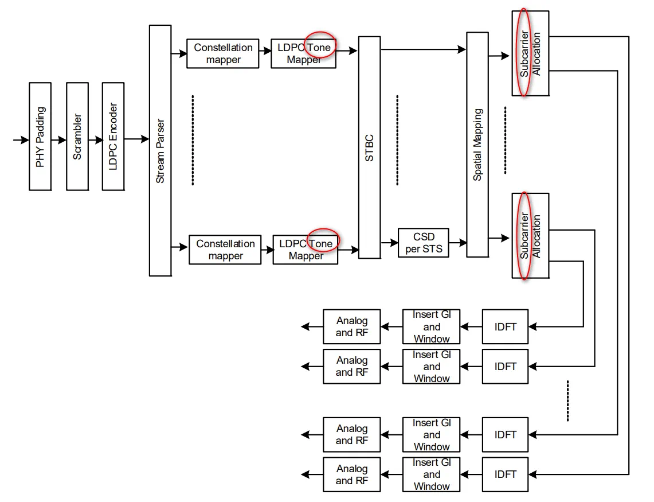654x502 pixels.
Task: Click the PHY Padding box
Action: pos(40,136)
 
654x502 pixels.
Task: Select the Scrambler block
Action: pos(77,136)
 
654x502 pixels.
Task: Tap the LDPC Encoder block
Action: pos(113,136)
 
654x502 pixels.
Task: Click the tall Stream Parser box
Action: pos(160,150)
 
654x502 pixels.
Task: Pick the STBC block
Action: pos(369,147)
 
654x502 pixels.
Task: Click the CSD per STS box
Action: pos(424,243)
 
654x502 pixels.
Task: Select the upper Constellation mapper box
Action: pos(222,53)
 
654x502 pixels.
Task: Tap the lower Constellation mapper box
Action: pos(225,250)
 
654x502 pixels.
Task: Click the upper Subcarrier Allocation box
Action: pos(530,53)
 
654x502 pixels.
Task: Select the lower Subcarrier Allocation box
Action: pos(530,236)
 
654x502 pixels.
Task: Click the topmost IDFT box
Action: pos(505,327)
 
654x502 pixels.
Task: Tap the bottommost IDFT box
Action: pos(505,474)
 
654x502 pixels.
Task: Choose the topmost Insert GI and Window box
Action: pos(432,327)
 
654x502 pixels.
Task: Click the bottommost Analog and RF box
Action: pos(351,474)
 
